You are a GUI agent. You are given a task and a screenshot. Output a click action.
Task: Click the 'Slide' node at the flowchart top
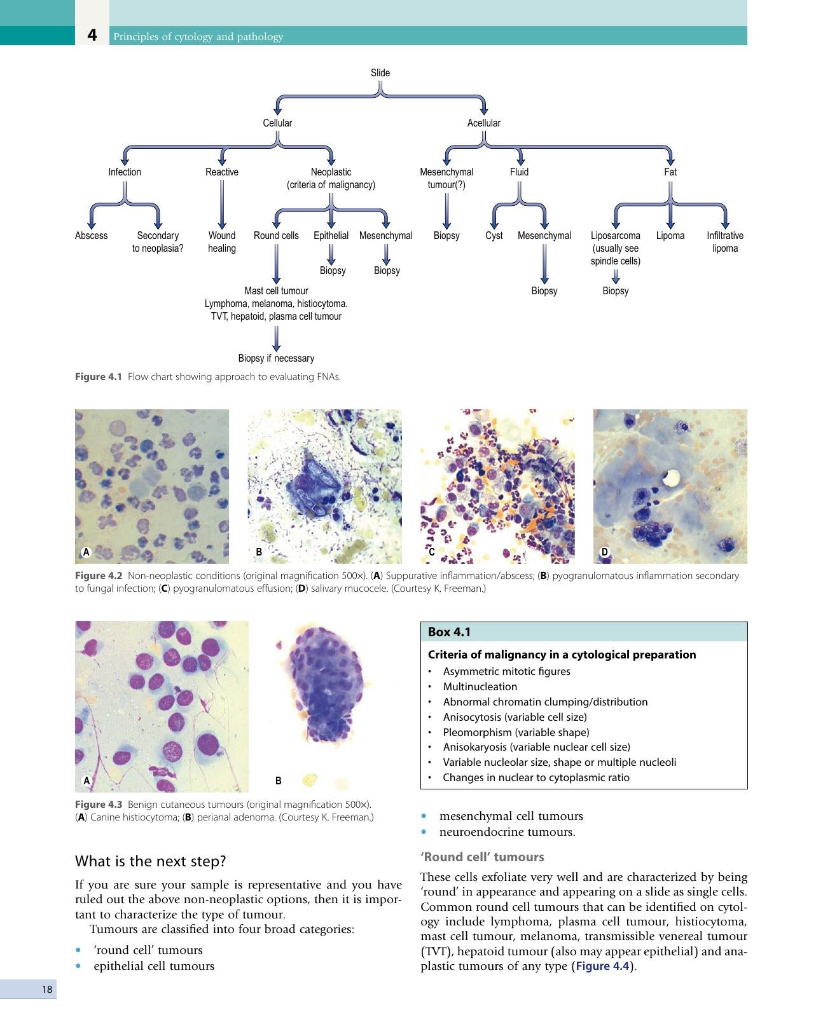pyautogui.click(x=380, y=72)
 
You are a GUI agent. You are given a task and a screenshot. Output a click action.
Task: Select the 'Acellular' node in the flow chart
pyautogui.click(x=484, y=123)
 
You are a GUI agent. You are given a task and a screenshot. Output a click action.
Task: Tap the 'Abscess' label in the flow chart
pyautogui.click(x=91, y=235)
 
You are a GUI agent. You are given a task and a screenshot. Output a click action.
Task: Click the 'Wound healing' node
pyautogui.click(x=222, y=242)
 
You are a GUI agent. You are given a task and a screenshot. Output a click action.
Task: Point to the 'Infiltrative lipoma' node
pyautogui.click(x=724, y=242)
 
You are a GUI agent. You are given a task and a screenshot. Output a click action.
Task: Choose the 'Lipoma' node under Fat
pyautogui.click(x=670, y=235)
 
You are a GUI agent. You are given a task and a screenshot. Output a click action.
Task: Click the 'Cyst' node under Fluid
pyautogui.click(x=494, y=235)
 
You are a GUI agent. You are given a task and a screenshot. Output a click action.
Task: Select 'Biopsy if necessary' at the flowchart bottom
pyautogui.click(x=276, y=358)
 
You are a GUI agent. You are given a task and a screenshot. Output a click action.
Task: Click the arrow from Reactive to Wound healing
pyautogui.click(x=222, y=204)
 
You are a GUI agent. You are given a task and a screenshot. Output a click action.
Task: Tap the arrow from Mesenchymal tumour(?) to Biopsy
pyautogui.click(x=446, y=211)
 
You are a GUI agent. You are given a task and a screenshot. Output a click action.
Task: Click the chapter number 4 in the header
pyautogui.click(x=92, y=35)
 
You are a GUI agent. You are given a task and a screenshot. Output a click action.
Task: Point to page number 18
pyautogui.click(x=46, y=990)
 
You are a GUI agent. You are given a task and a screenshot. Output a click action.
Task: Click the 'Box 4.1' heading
pyautogui.click(x=449, y=632)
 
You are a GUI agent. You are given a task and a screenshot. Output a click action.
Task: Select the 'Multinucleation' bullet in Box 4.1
pyautogui.click(x=480, y=686)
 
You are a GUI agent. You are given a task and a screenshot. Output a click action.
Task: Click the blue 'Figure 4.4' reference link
pyautogui.click(x=603, y=966)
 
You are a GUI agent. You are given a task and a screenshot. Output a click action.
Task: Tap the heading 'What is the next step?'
pyautogui.click(x=150, y=861)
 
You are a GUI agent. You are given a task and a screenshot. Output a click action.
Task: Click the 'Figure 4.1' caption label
pyautogui.click(x=99, y=376)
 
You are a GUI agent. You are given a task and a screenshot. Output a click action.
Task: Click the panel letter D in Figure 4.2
pyautogui.click(x=604, y=552)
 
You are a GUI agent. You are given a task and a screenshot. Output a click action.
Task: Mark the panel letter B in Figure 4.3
pyautogui.click(x=278, y=781)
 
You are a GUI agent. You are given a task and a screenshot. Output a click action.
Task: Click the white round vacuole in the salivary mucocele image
pyautogui.click(x=671, y=477)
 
